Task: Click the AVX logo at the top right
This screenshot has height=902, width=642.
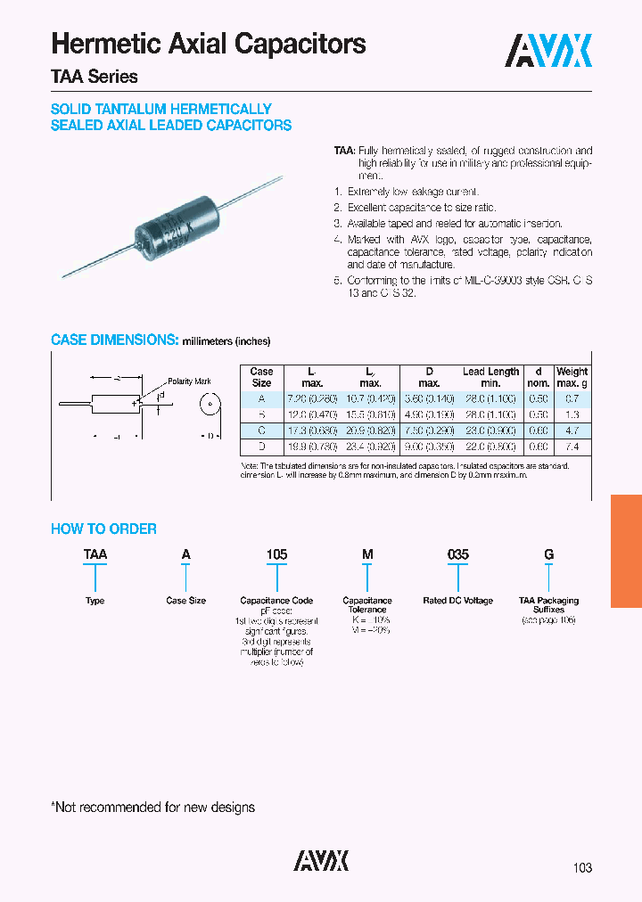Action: [549, 51]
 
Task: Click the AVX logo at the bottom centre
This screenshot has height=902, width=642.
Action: [321, 860]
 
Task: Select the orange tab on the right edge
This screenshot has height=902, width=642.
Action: [626, 552]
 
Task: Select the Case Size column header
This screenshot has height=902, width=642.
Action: [261, 377]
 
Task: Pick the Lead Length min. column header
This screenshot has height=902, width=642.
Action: [490, 377]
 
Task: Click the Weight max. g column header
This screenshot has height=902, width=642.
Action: [572, 377]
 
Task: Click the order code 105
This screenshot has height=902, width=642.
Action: [276, 554]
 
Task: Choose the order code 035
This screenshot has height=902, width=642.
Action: [457, 554]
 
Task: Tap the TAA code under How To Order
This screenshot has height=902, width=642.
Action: [95, 554]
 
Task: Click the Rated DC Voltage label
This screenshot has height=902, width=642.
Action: [457, 601]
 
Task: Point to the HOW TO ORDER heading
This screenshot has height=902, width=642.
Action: [103, 529]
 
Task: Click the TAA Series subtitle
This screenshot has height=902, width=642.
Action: [95, 77]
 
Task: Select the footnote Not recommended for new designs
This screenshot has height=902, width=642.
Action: [152, 808]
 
